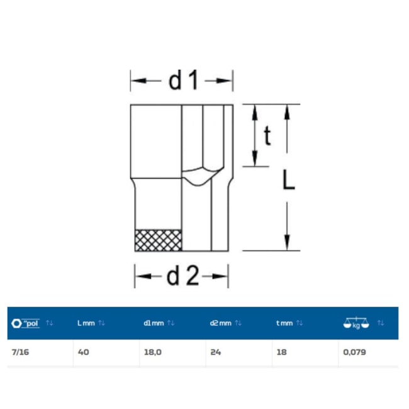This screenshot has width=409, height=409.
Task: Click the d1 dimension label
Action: click(x=183, y=81)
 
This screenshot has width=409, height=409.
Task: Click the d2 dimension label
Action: click(x=182, y=276)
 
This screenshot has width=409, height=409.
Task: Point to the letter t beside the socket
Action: click(x=267, y=135)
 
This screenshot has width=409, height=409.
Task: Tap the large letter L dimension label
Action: click(x=289, y=179)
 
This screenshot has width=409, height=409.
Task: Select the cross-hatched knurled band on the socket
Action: click(x=159, y=240)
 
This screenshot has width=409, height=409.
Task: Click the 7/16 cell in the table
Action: click(x=20, y=352)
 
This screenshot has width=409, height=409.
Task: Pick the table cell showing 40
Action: click(x=84, y=352)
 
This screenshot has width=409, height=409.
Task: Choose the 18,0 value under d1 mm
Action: click(x=153, y=352)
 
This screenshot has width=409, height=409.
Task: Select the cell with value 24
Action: click(x=216, y=352)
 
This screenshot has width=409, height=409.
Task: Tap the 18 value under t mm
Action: click(x=282, y=352)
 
